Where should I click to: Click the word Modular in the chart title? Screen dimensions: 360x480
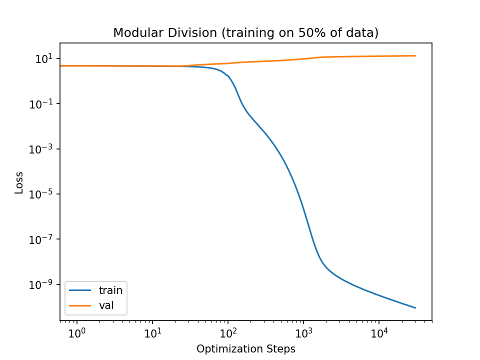pyautogui.click(x=132, y=33)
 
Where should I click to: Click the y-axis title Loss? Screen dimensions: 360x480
pyautogui.click(x=19, y=182)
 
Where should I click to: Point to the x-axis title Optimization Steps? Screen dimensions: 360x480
pyautogui.click(x=245, y=349)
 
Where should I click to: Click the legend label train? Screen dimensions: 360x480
pyautogui.click(x=110, y=289)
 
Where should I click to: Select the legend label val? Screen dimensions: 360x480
pyautogui.click(x=106, y=304)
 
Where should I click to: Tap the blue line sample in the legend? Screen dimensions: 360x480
pyautogui.click(x=80, y=290)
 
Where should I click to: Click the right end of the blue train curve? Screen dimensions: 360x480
pyautogui.click(x=415, y=307)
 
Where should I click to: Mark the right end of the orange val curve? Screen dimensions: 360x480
pyautogui.click(x=415, y=55)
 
